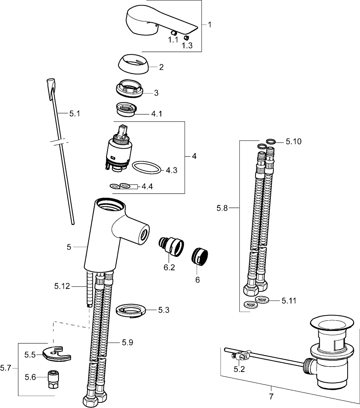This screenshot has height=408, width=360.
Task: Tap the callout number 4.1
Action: coord(157,114)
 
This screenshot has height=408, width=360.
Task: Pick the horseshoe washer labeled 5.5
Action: coord(56,354)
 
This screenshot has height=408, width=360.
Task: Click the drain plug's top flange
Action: coord(331,325)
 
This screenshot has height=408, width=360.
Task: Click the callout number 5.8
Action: coord(222,208)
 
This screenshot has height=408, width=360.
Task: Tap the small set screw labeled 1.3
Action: coord(187,38)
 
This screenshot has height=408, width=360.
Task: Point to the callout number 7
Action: coord(271,396)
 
